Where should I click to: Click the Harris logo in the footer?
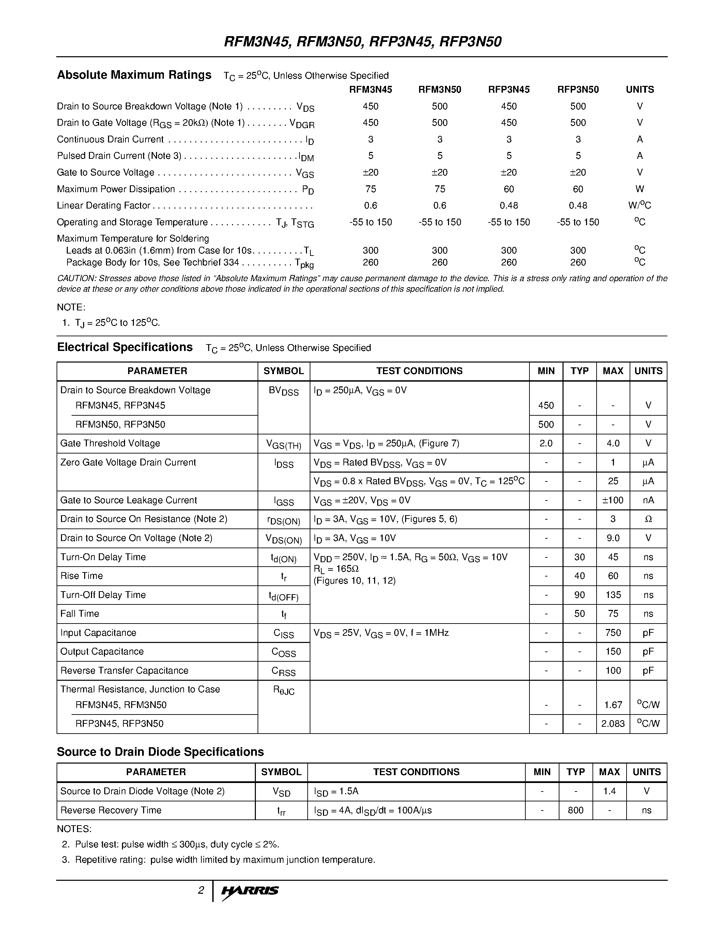point(250,891)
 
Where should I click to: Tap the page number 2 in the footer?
point(201,890)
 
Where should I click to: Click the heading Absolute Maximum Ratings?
point(134,75)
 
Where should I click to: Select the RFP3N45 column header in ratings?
point(509,90)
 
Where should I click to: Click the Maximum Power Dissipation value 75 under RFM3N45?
point(371,189)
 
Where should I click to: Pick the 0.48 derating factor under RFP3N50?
point(578,205)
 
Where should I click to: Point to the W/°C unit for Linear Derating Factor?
point(639,205)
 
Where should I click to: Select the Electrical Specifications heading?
point(125,347)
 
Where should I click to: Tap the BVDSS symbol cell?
point(283,391)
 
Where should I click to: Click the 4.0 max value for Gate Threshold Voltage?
point(613,444)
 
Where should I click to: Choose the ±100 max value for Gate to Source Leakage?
point(613,500)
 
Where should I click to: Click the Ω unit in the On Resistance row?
point(648,519)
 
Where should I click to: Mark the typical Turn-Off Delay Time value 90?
point(580,595)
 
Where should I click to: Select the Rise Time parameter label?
point(81,576)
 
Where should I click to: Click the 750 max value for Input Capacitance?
point(613,633)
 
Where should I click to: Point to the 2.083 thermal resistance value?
point(613,724)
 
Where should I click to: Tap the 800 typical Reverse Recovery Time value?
point(575,811)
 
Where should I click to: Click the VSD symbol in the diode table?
point(281,792)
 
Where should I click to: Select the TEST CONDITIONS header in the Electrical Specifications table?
point(419,371)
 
